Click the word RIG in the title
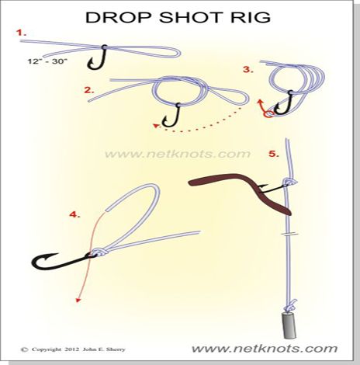252,16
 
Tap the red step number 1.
21,33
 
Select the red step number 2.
89,89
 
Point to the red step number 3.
247,69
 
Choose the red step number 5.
272,154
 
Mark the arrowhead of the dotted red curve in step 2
155,124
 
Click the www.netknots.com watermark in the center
177,154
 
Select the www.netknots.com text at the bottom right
265,348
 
